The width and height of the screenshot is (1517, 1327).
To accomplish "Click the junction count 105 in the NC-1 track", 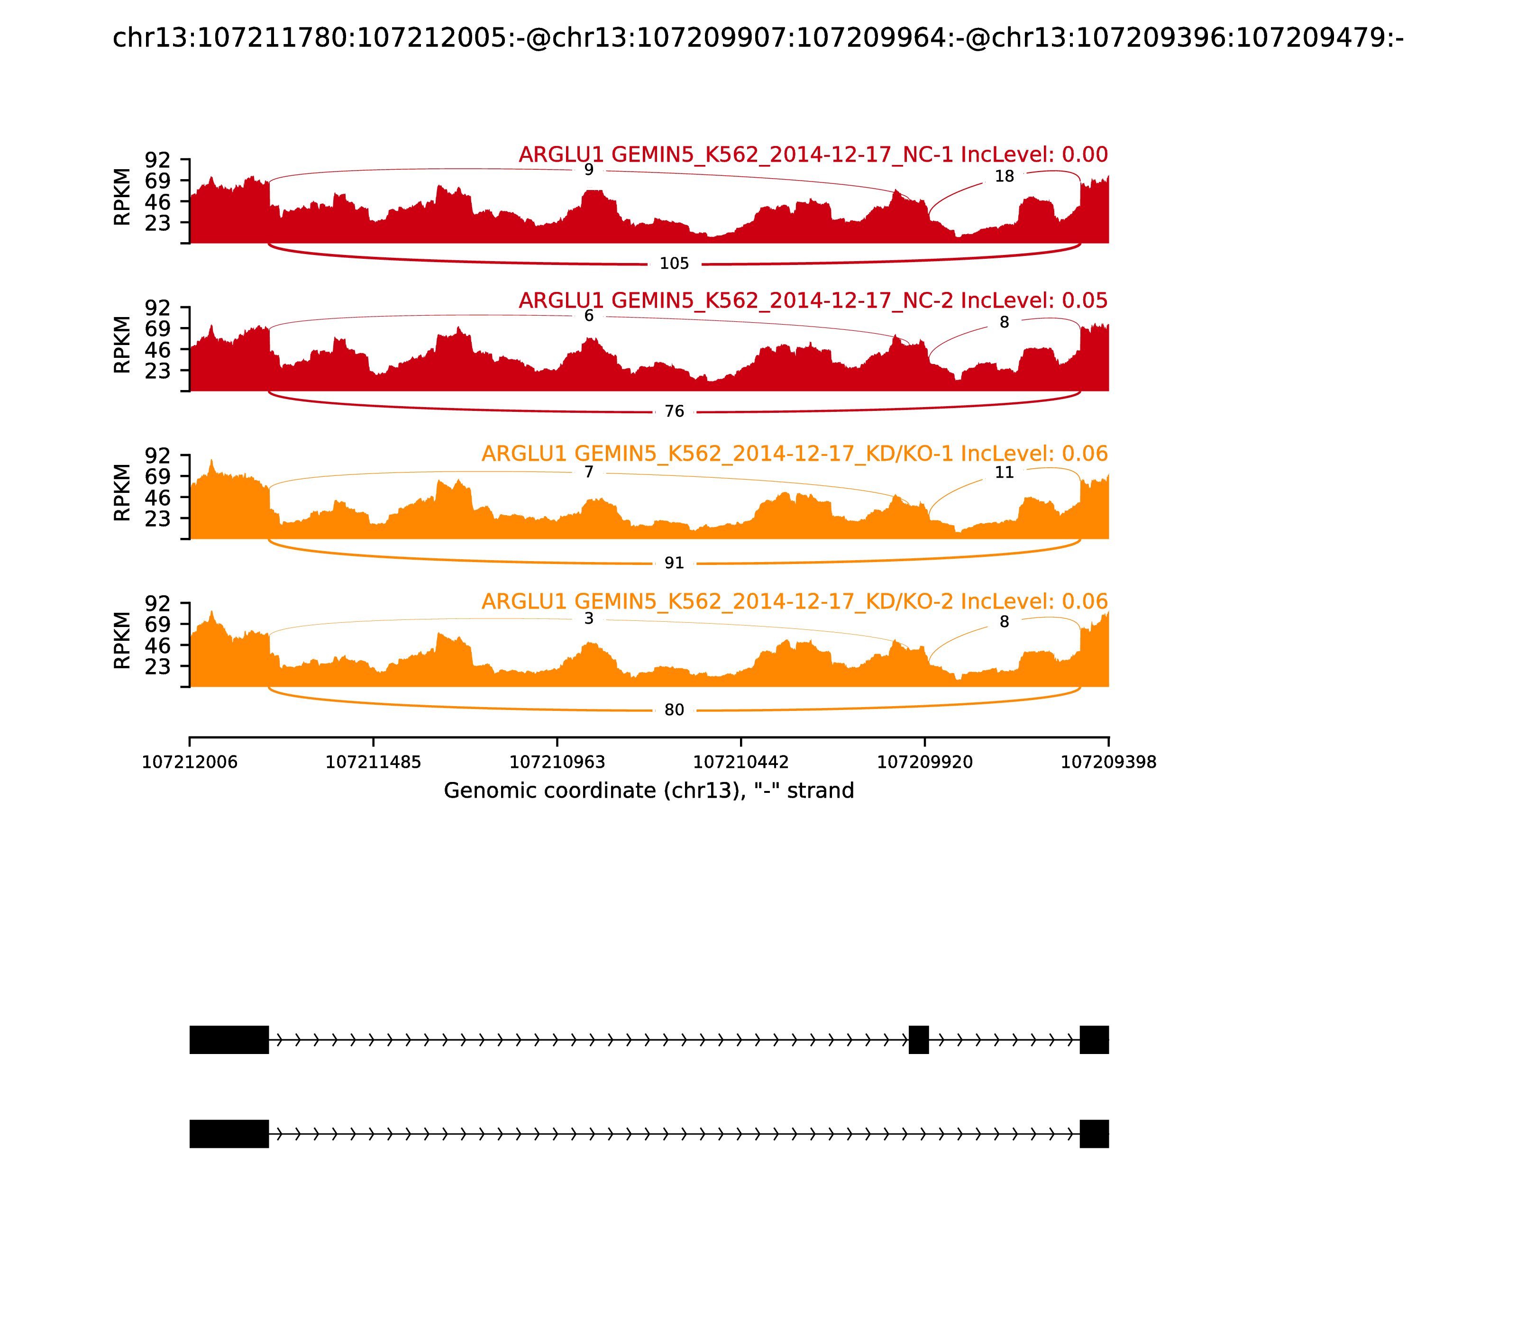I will click(x=674, y=264).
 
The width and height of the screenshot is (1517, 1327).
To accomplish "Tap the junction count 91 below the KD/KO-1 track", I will click(x=674, y=563).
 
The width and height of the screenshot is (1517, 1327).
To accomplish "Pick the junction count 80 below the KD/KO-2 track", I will click(x=674, y=710).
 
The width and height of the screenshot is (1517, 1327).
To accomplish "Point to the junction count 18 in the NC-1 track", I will click(x=1004, y=176).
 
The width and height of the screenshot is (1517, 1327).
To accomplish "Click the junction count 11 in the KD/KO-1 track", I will click(x=1004, y=473).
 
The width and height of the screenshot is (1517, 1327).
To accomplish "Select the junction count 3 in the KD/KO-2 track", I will click(x=589, y=618).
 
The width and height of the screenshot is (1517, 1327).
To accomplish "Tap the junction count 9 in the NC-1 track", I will click(x=589, y=170).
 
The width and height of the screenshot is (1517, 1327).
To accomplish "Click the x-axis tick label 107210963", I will click(x=557, y=762).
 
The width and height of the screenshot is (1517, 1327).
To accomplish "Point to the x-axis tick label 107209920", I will click(x=924, y=762).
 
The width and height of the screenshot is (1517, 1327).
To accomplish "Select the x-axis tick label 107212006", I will click(x=190, y=762).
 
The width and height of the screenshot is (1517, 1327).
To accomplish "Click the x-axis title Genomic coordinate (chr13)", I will click(x=649, y=791).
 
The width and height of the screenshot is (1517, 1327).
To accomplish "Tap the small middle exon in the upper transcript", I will click(x=919, y=1040).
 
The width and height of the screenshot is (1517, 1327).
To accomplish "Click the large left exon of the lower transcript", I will click(x=229, y=1134).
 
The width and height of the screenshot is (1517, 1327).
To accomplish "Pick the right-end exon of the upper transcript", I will click(x=1094, y=1040).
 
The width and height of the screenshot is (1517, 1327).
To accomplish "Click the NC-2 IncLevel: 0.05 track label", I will click(x=813, y=300).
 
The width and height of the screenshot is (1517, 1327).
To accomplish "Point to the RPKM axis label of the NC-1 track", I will click(x=122, y=197).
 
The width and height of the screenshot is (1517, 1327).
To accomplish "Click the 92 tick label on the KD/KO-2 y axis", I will click(x=158, y=603).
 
